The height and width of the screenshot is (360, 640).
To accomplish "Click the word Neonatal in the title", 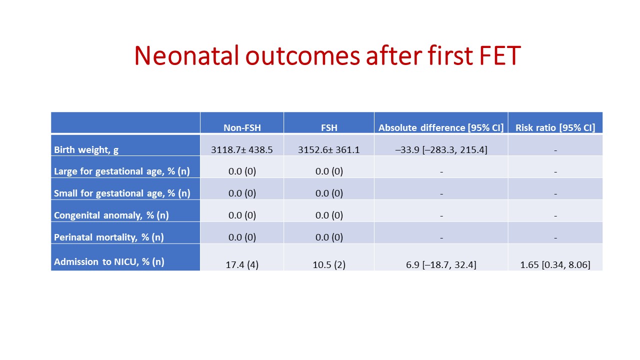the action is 186,55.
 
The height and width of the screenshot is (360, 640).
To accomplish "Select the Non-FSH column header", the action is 242,127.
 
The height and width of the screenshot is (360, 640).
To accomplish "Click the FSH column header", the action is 329,127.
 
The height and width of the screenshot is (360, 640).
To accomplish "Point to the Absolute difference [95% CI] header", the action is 441,127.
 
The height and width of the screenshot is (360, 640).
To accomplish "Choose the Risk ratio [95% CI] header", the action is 555,127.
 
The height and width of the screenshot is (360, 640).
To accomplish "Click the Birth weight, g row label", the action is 86,149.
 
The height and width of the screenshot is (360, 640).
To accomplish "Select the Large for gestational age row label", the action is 122,171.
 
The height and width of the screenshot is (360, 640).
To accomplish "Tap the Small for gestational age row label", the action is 122,193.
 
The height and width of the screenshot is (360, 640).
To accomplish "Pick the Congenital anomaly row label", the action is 111,215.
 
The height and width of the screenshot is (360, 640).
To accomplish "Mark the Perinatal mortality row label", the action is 109,237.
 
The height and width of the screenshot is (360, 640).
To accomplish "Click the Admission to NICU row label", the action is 109,261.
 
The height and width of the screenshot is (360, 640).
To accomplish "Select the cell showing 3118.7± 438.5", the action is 242,149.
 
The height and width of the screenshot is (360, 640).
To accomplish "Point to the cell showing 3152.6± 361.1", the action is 329,149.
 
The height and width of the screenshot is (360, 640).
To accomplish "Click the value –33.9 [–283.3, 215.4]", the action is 441,149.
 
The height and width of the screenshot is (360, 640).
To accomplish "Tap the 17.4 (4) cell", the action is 242,265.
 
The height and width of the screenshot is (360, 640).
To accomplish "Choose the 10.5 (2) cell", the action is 329,265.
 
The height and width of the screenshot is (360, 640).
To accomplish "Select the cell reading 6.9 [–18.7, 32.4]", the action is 441,265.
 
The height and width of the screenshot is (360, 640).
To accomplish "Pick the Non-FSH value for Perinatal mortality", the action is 242,237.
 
